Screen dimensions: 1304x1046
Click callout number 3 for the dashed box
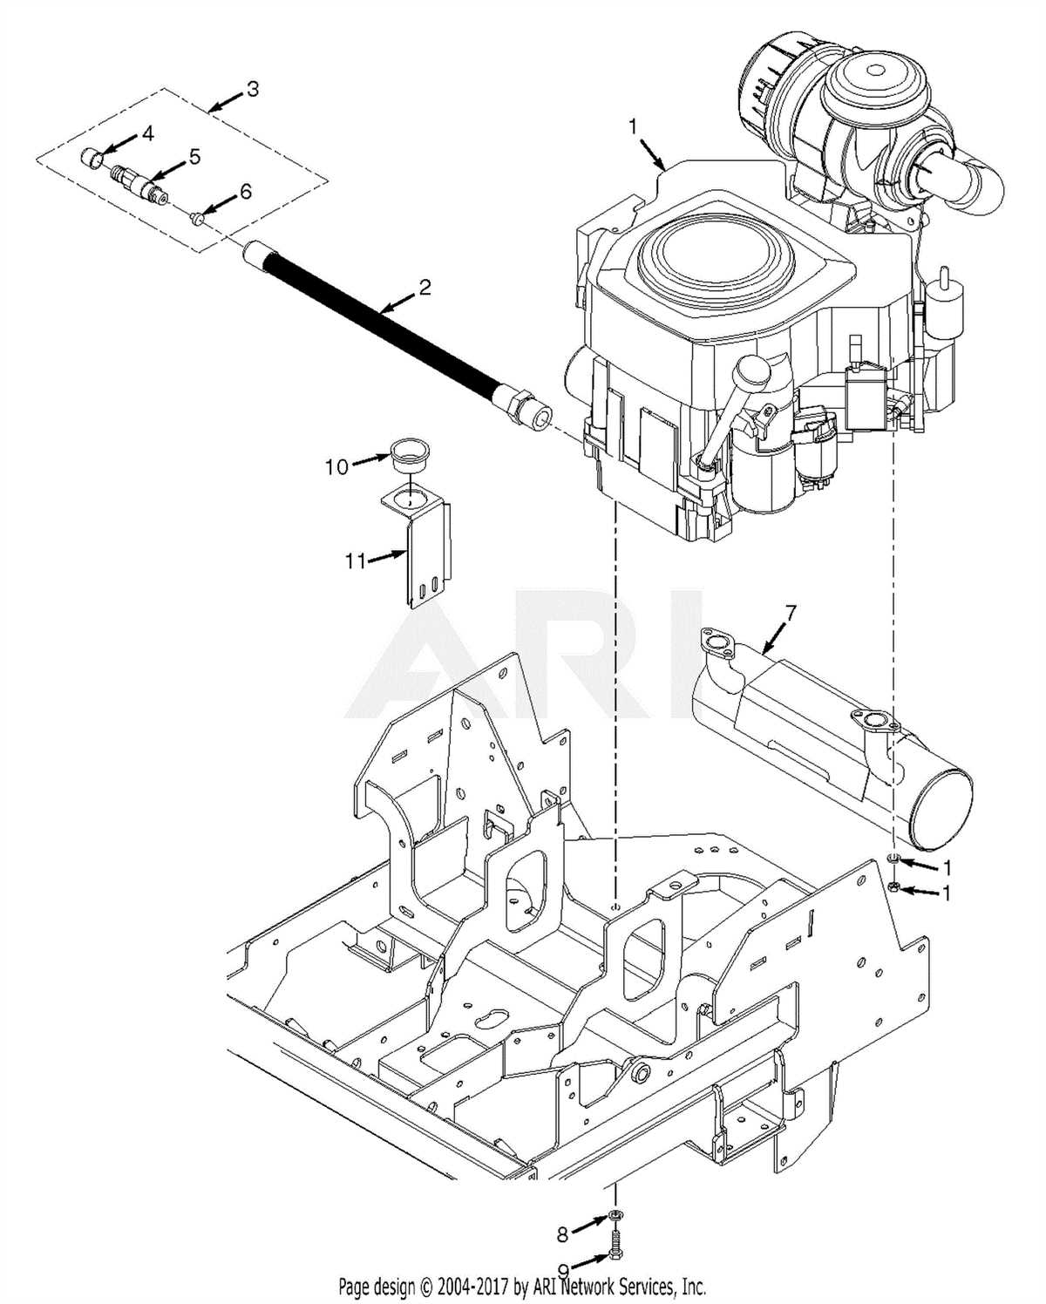(x=252, y=90)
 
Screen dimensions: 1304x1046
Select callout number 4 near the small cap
(x=147, y=133)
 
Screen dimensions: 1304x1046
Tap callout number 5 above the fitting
(x=194, y=157)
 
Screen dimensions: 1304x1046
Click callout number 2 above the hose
(x=425, y=287)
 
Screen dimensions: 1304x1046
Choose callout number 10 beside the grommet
(x=336, y=467)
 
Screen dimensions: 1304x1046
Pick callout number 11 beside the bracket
(x=355, y=561)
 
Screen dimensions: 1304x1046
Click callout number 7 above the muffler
(x=790, y=613)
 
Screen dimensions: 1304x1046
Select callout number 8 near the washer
(x=563, y=1233)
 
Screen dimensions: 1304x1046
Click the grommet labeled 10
(x=404, y=456)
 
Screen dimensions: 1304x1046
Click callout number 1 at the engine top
(x=633, y=127)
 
